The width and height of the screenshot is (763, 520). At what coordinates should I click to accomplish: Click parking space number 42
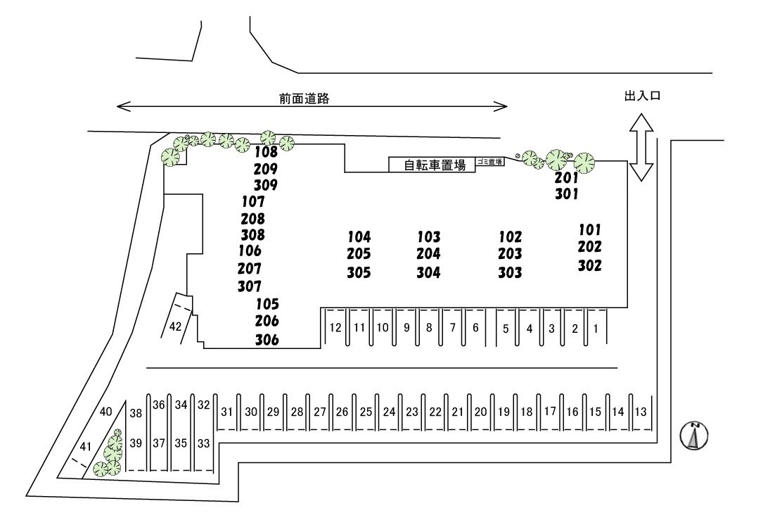176,326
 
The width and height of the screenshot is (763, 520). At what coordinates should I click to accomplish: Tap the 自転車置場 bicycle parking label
435,165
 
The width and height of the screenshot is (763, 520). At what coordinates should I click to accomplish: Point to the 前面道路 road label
304,99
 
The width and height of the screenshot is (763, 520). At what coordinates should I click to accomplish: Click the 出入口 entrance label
642,96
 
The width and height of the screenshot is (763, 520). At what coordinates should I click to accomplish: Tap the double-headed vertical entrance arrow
641,148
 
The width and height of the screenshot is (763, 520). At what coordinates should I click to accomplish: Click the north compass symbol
693,436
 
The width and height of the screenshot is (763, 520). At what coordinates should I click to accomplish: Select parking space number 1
595,328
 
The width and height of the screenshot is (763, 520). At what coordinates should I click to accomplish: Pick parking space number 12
335,327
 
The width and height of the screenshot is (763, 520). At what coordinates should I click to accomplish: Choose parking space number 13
640,412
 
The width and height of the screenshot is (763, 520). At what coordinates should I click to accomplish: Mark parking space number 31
226,412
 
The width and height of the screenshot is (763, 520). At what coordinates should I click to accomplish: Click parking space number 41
85,445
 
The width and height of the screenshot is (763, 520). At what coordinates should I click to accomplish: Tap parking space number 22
435,412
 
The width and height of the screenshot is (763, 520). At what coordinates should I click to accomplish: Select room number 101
590,229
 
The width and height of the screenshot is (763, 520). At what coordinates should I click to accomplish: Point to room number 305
359,272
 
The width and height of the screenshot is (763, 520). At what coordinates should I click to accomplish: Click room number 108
266,151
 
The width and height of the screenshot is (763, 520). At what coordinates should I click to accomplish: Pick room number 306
267,340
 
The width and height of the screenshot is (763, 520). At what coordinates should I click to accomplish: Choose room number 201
566,178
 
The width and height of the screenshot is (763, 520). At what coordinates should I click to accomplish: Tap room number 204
428,254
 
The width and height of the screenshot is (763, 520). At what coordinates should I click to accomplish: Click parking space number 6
475,328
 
